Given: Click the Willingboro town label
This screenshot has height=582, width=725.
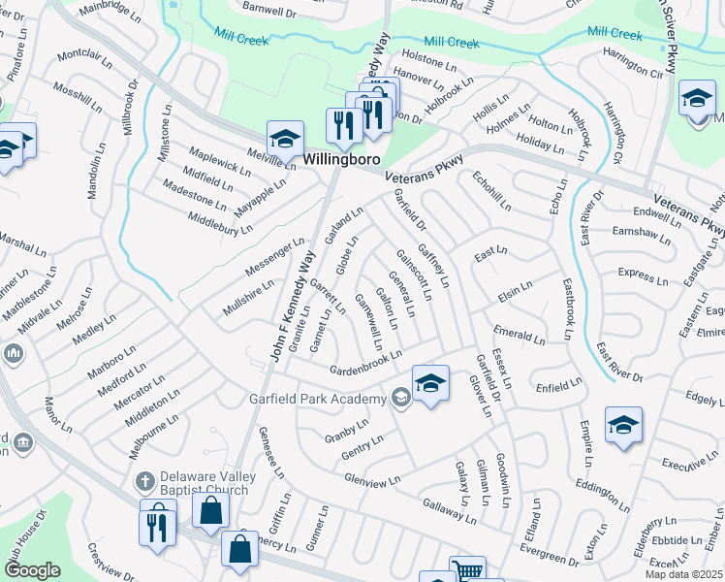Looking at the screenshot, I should pos(335,159).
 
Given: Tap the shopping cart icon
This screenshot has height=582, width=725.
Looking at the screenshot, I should pos(468,571).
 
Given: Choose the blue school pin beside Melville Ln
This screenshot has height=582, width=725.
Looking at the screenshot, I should pos(285,139).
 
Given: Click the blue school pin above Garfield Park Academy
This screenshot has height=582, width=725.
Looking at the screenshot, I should pos(430,382).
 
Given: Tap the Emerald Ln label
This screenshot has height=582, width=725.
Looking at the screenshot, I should pos(519,335).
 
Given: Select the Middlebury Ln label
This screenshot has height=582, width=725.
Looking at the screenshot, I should pos(221,218).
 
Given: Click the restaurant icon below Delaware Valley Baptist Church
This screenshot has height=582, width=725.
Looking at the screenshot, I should pos(157,527).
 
